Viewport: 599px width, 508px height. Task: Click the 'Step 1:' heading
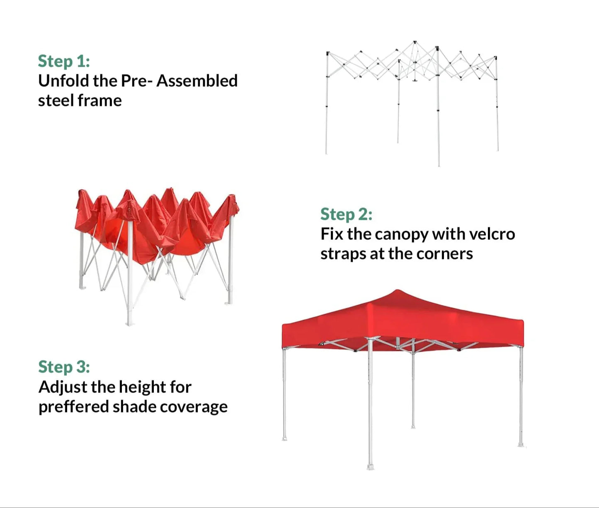point(64,61)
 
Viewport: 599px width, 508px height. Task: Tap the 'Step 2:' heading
point(346,214)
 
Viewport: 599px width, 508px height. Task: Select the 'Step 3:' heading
point(64,367)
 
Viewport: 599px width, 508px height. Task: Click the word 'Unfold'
point(63,81)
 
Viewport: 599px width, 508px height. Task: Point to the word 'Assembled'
point(197,81)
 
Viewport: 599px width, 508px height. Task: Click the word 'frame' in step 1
point(100,101)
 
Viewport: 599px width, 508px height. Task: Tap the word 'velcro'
point(492,234)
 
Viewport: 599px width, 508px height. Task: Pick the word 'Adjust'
point(63,387)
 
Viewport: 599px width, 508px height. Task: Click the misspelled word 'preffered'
point(74,407)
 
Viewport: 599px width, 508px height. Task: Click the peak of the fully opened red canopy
point(397,290)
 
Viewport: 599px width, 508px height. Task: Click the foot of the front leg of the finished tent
point(370,467)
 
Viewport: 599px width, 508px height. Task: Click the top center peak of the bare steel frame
point(415,42)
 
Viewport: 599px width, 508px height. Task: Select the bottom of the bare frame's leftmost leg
point(326,153)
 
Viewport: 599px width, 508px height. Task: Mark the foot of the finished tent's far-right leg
point(521,445)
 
